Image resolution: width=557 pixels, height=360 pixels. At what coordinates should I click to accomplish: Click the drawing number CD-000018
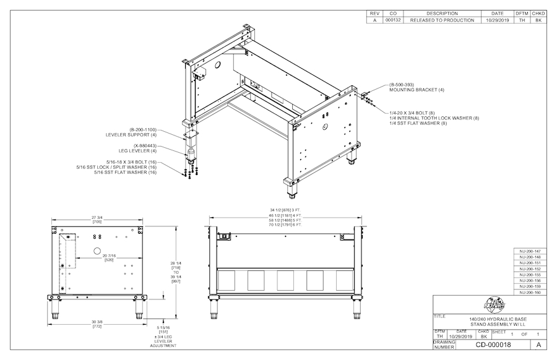click(x=493, y=345)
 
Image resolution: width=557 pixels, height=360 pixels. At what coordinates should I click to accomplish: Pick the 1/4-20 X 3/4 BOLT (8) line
click(x=417, y=113)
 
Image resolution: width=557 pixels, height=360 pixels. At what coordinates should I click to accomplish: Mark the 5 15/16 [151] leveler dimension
click(x=164, y=329)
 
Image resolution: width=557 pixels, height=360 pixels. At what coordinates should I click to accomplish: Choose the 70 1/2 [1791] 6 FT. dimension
click(x=285, y=225)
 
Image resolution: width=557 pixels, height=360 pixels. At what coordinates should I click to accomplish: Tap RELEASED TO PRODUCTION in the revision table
click(x=442, y=20)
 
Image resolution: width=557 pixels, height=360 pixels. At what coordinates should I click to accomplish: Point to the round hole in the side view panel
click(x=97, y=251)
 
